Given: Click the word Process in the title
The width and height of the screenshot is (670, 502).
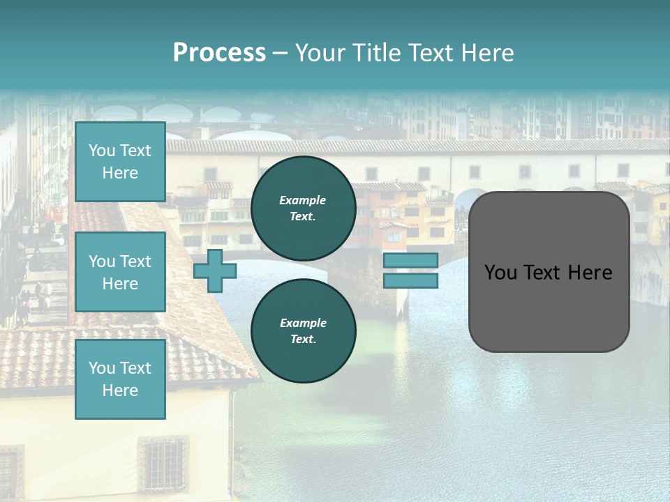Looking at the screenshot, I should click(x=219, y=53).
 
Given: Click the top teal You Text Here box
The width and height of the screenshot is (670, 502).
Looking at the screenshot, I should click(x=120, y=162).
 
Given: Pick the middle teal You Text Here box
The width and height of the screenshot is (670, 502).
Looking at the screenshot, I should click(x=120, y=272).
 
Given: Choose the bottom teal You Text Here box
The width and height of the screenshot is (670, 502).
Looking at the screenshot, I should click(x=120, y=379).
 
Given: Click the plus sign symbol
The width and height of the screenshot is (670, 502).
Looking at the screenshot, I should click(x=215, y=271).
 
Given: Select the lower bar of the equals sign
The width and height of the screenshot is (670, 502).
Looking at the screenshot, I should click(x=410, y=281).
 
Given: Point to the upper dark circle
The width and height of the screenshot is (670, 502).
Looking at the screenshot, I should click(x=303, y=208).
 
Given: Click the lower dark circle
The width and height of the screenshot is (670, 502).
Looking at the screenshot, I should click(x=303, y=330).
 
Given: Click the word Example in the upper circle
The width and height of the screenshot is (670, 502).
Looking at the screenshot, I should click(x=303, y=200).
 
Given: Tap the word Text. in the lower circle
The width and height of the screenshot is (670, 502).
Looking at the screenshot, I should click(x=303, y=340).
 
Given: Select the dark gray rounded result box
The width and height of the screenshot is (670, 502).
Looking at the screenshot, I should click(x=549, y=272).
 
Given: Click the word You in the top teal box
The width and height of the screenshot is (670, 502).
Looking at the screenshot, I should click(x=102, y=151).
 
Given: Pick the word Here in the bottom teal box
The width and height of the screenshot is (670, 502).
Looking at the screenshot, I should click(x=120, y=390).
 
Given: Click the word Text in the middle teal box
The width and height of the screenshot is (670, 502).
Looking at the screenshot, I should click(x=135, y=261).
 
